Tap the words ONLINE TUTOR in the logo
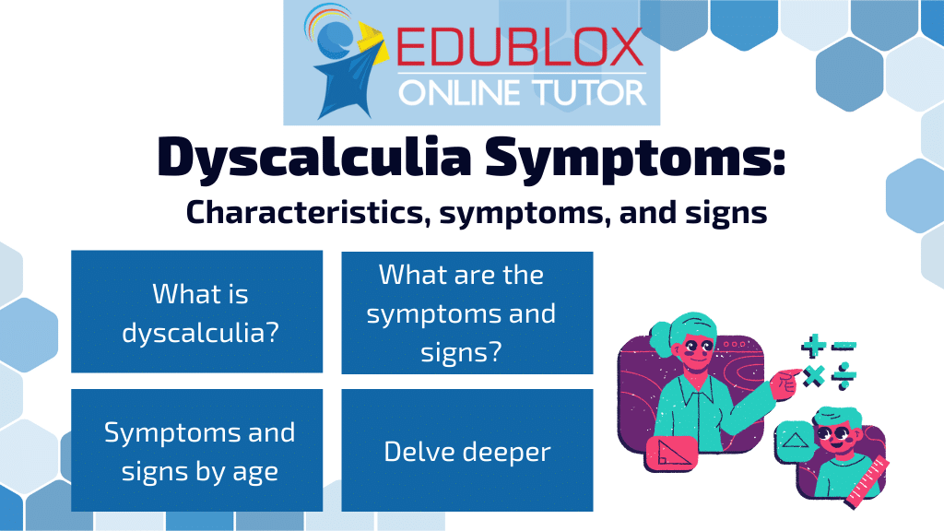(522, 93)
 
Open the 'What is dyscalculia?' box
(197, 312)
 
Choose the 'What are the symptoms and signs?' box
(467, 313)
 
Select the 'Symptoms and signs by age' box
(197, 450)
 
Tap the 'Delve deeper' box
(467, 450)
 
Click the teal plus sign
(813, 347)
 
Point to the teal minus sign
(844, 347)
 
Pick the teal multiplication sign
(813, 376)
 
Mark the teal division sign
(844, 376)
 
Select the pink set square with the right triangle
(671, 454)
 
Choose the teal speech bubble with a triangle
(795, 442)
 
